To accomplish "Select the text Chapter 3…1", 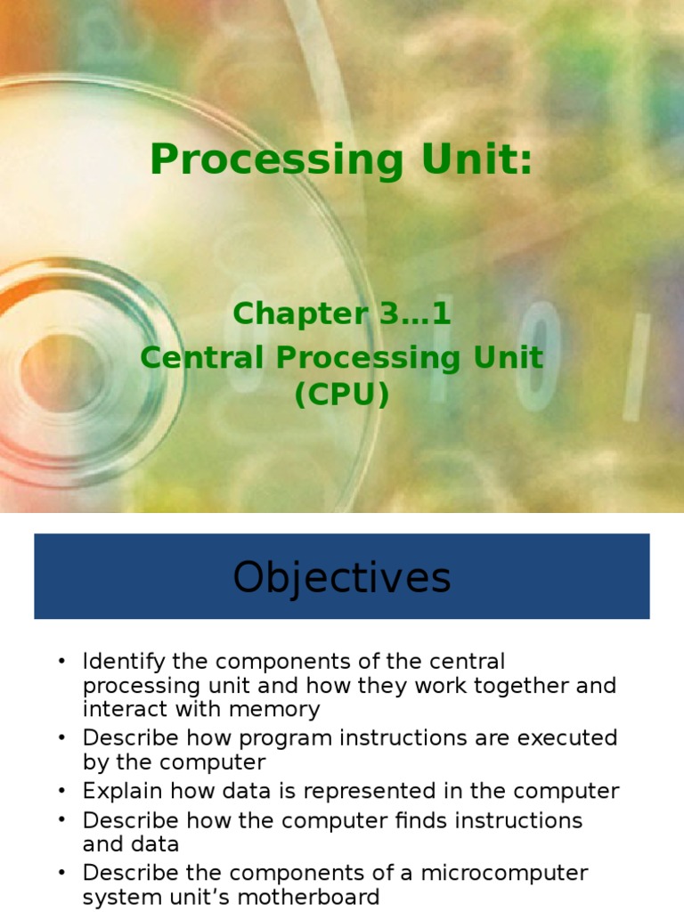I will [x=342, y=313].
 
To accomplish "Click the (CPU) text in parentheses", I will [x=342, y=394].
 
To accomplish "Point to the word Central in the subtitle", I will [x=200, y=357].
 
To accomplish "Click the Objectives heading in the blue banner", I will [x=342, y=577].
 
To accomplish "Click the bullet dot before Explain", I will [x=61, y=791].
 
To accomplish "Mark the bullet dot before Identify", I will [x=61, y=663].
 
